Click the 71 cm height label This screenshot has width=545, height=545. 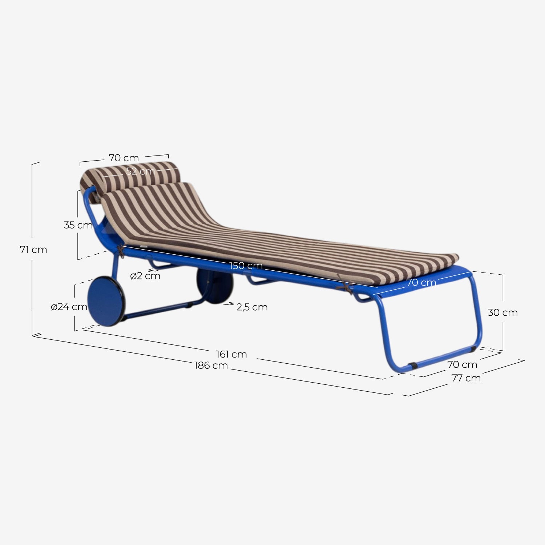pos(33,250)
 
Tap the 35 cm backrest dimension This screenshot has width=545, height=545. pos(78,225)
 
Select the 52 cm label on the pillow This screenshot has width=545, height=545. pos(141,171)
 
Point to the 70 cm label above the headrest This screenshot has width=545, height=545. pos(124,158)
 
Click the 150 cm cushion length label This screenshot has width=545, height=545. pos(246,266)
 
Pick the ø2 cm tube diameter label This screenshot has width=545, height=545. pos(145,276)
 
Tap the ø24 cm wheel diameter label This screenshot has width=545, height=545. pos(69,307)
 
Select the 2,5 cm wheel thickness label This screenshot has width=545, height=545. pos(252,307)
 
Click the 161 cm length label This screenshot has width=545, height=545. pos(231,354)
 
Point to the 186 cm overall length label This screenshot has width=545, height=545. pos(211,365)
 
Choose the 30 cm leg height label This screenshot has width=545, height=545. pos(502,312)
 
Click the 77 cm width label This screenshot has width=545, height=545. pos(466,378)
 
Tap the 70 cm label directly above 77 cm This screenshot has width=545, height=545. pos(462,364)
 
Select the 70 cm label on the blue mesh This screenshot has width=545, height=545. pos(421,282)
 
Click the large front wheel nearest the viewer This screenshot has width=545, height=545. pos(106,301)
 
